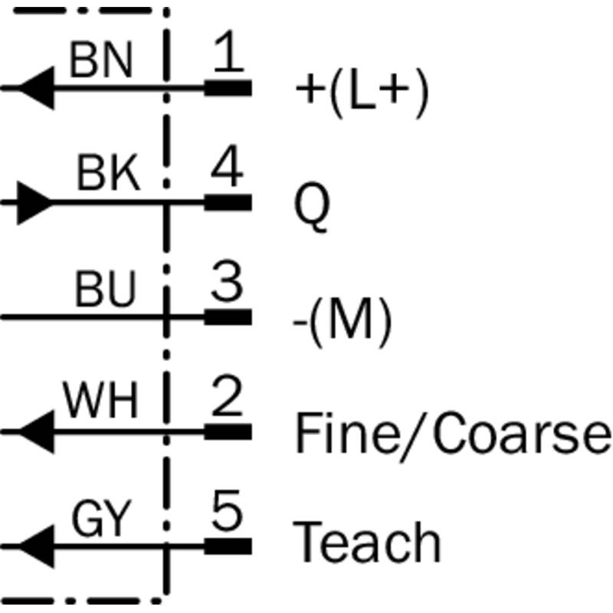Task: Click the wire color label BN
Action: coord(100,61)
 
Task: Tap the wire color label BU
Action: coord(105,290)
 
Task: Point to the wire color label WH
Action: coord(100,402)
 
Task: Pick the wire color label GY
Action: coord(101,520)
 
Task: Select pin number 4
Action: coord(227,170)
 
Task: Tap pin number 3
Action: coord(227,284)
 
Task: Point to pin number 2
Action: coord(227,398)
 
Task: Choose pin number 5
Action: coord(227,513)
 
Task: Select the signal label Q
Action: coord(312,208)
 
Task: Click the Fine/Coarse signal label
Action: coord(452,433)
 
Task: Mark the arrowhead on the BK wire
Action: coord(34,203)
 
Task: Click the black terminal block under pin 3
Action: coord(228,317)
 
